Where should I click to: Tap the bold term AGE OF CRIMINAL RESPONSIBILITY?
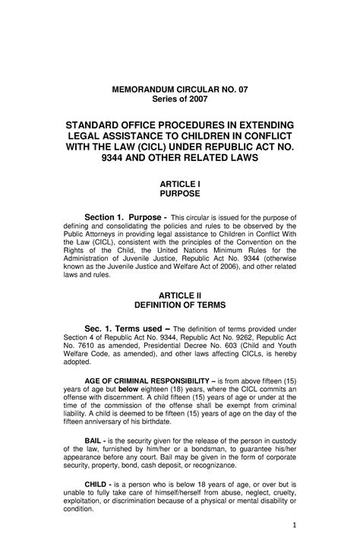[153, 379]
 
